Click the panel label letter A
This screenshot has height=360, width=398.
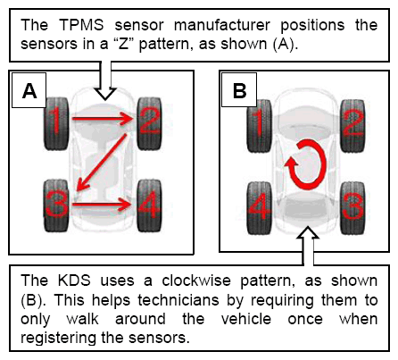[x=29, y=90]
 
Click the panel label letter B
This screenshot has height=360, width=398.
[x=240, y=90]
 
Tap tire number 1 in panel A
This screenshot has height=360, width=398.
[x=56, y=123]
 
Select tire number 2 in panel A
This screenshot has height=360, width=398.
[x=149, y=123]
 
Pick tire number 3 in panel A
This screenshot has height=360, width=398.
[x=56, y=205]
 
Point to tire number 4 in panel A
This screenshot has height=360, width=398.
[x=149, y=205]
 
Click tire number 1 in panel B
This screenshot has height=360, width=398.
[x=260, y=126]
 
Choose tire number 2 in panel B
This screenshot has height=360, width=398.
[x=352, y=126]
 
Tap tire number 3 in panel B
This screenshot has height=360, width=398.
[x=352, y=208]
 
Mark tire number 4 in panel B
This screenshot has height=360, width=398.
[x=260, y=208]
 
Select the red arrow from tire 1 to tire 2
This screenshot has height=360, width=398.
[x=102, y=119]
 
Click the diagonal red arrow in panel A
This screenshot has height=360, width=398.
[x=102, y=163]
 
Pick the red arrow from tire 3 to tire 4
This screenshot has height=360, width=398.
[x=102, y=205]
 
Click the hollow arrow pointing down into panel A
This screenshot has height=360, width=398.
[x=105, y=80]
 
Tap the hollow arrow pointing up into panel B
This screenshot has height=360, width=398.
[x=308, y=246]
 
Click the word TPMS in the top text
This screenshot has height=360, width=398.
[x=82, y=25]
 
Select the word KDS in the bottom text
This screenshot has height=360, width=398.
[x=74, y=280]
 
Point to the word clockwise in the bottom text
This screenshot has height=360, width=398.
[x=196, y=280]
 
